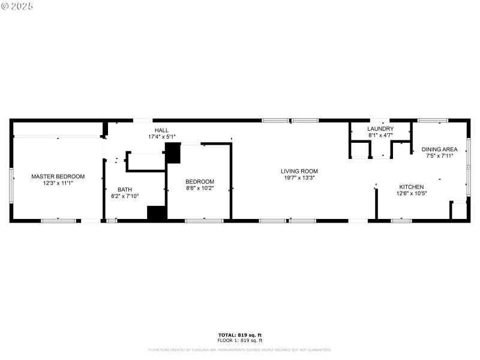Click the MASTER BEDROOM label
58,176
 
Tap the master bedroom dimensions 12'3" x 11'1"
58,184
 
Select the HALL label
161,130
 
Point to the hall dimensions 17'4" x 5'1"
161,137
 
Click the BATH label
125,190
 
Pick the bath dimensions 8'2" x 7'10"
125,196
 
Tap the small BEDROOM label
199,182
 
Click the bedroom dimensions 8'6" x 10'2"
199,188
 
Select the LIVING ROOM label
299,171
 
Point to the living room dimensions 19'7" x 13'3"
299,178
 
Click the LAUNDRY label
381,129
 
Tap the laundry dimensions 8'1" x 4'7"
381,136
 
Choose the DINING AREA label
439,149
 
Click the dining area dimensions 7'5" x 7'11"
439,156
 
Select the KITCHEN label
412,187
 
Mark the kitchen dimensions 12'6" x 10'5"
412,193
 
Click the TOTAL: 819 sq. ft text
239,335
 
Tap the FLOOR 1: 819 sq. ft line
239,340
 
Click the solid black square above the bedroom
173,153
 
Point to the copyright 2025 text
17,6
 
